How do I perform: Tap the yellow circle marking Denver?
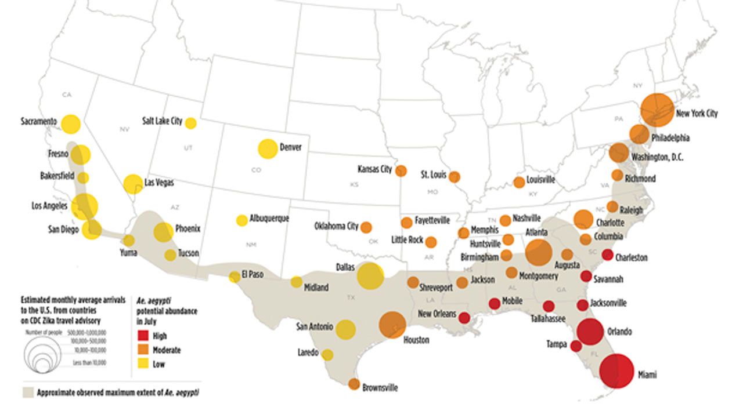click(x=268, y=149)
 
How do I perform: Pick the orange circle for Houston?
click(x=392, y=325)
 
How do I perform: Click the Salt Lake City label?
click(x=162, y=121)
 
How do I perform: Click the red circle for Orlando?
click(x=591, y=332)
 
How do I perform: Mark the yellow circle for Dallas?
click(x=370, y=275)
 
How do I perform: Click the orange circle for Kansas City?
click(x=401, y=170)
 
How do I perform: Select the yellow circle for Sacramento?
click(x=71, y=123)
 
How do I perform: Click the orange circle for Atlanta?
click(x=538, y=252)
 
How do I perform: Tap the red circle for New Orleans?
click(x=464, y=317)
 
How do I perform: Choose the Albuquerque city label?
click(x=269, y=219)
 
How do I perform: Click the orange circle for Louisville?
click(x=519, y=182)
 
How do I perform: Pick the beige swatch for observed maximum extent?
click(x=27, y=392)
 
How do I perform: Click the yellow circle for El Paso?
click(x=235, y=277)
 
